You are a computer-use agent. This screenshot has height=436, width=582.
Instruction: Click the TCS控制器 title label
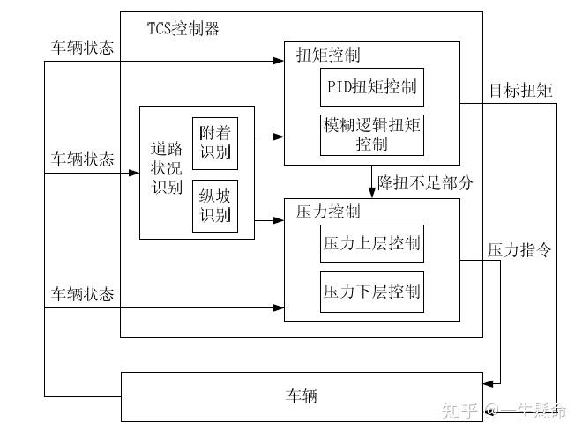pos(183,28)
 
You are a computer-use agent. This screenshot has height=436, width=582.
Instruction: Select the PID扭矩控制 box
pos(371,89)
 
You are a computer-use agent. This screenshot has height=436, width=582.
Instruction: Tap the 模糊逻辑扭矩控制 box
pos(371,135)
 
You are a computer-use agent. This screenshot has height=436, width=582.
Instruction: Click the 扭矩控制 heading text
pos(328,55)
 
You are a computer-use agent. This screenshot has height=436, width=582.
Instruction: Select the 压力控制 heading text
pos(328,212)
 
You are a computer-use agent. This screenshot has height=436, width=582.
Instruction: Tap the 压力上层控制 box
pos(371,243)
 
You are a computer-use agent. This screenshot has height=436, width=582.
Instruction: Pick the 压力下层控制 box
pos(371,291)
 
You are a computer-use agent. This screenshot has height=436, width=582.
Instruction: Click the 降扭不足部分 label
pos(426,184)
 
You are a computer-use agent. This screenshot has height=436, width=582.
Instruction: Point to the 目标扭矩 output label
pos(521,90)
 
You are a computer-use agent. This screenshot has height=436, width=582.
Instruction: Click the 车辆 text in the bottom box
pos(302,397)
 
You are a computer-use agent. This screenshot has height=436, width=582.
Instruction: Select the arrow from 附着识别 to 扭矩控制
pos(269,137)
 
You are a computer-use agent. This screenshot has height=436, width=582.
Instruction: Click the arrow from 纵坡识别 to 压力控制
pos(269,219)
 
